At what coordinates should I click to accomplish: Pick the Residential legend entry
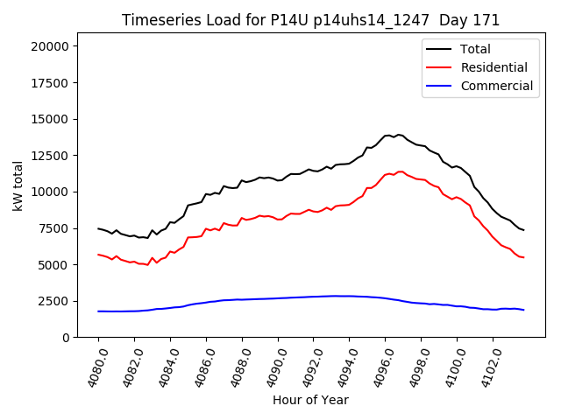tap(494, 67)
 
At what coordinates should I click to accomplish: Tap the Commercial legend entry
tap(496, 86)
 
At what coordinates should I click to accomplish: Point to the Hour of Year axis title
tap(310, 400)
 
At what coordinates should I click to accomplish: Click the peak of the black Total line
tap(399, 135)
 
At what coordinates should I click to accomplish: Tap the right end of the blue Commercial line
tap(523, 310)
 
